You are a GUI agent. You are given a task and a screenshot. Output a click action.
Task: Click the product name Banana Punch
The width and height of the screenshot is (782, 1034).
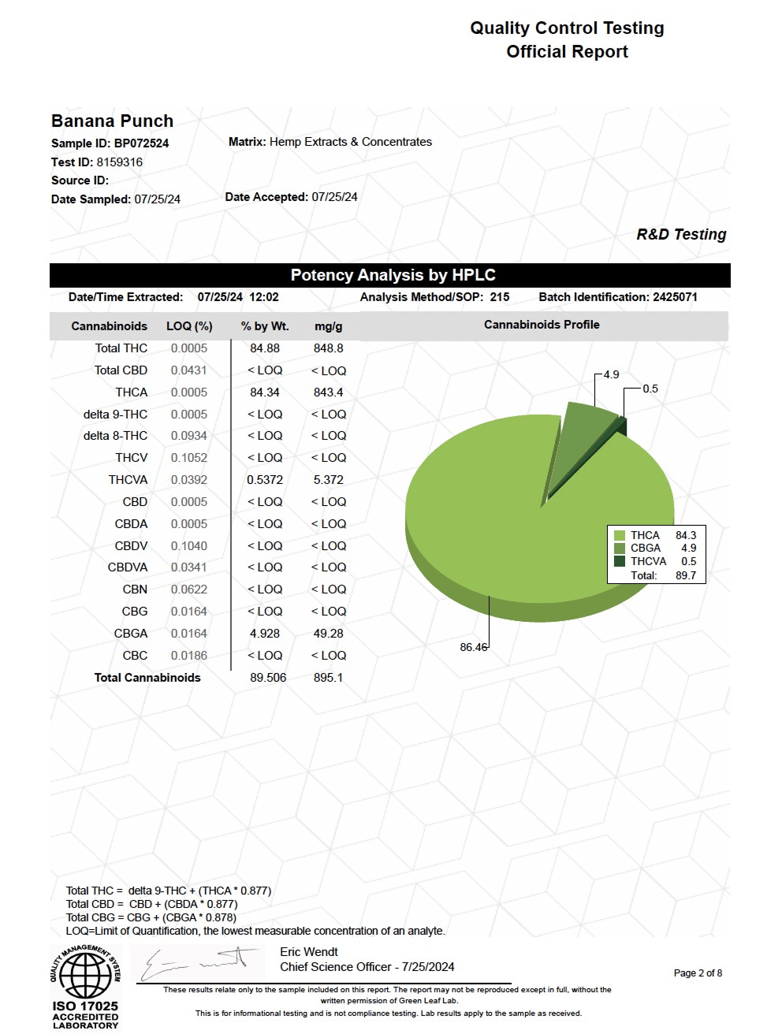[112, 121]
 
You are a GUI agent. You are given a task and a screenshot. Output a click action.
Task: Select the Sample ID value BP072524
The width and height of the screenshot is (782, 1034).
[141, 143]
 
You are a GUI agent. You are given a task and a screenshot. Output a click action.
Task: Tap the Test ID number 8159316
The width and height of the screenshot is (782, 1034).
[120, 162]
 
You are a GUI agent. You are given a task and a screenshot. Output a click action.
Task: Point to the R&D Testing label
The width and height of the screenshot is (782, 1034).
[681, 235]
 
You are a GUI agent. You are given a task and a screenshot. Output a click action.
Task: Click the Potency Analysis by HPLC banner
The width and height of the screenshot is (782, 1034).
[393, 275]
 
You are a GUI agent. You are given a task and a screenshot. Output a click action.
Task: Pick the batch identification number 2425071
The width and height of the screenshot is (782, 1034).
[675, 297]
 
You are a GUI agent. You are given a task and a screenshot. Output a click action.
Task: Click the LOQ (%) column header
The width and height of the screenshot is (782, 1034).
[189, 326]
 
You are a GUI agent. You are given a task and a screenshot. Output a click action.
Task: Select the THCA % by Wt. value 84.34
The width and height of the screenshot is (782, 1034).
[265, 392]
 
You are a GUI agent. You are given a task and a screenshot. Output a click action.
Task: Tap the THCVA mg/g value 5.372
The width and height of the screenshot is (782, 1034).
[328, 480]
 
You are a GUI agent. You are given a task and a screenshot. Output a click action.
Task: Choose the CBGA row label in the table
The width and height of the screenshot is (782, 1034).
[131, 634]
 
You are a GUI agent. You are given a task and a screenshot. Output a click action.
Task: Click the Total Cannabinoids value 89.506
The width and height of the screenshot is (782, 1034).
[268, 678]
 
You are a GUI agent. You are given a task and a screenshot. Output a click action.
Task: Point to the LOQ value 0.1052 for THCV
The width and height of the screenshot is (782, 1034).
[189, 458]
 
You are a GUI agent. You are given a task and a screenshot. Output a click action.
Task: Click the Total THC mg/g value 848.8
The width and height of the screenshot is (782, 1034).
[328, 348]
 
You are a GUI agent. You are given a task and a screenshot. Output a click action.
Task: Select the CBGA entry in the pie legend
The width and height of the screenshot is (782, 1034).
[646, 549]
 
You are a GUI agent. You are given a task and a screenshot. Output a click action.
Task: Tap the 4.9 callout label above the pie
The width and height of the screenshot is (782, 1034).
[611, 375]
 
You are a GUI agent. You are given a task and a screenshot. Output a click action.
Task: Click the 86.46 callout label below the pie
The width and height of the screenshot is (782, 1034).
[473, 648]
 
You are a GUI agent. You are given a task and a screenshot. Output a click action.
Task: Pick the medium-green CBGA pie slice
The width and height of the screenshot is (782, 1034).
[583, 441]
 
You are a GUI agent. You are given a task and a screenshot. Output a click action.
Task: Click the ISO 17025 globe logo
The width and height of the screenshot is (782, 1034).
[85, 975]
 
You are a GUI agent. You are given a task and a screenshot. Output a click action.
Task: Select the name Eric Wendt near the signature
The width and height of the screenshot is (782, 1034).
[309, 952]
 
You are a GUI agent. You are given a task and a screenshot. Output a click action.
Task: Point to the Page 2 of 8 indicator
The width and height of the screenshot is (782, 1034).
[698, 973]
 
